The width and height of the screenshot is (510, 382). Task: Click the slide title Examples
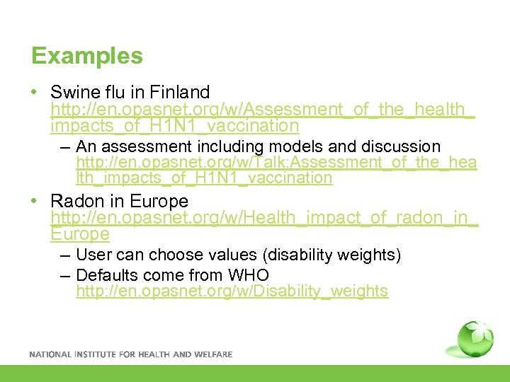point(87,56)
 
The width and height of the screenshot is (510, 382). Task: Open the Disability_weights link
point(232,291)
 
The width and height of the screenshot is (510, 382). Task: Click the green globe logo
point(475,340)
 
